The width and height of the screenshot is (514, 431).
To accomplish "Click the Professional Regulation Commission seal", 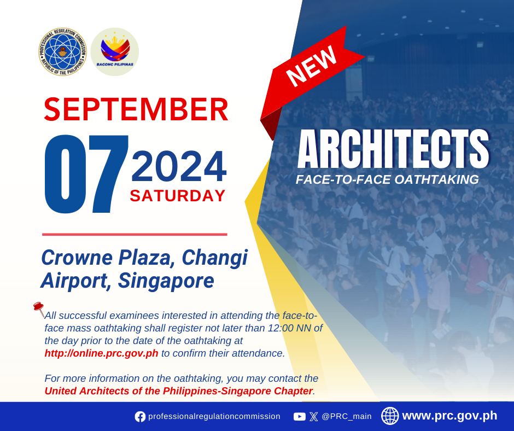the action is point(62,52).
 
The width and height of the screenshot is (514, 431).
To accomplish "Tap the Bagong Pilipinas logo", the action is point(115,52).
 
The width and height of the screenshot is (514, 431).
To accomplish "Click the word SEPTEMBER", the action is point(136,109).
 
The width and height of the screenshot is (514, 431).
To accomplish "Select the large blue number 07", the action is point(86,174).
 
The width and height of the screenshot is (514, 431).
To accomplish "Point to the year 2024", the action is point(179,166).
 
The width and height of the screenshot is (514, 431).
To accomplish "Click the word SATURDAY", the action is point(178,196).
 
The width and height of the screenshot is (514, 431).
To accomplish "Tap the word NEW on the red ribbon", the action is point(312,66).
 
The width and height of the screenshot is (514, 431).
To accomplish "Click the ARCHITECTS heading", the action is point(393,149).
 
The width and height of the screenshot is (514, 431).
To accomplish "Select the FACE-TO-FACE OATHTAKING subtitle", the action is point(387,180).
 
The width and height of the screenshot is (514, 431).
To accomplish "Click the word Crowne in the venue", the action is point(77,258).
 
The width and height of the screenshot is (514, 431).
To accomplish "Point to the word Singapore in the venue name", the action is point(166,281).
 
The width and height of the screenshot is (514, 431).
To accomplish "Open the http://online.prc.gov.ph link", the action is point(101,353).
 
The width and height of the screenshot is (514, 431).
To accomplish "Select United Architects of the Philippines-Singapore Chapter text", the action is point(179,391).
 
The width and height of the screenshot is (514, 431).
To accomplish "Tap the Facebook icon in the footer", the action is point(140,417).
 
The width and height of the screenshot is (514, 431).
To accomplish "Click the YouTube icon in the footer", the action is point(299,417).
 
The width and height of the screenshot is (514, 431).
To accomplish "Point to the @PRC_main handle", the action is point(347,417).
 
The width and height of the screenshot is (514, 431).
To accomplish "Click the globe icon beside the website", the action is point(390,416).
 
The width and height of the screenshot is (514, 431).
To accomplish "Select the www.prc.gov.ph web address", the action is point(449,416).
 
